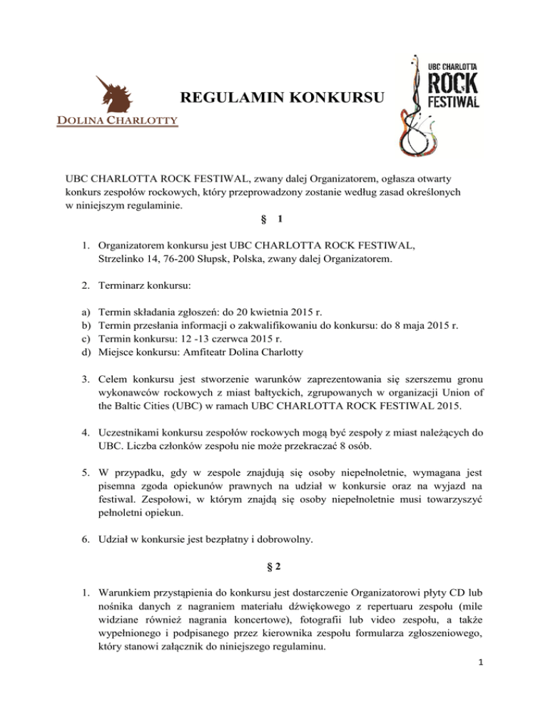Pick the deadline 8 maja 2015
410,327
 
